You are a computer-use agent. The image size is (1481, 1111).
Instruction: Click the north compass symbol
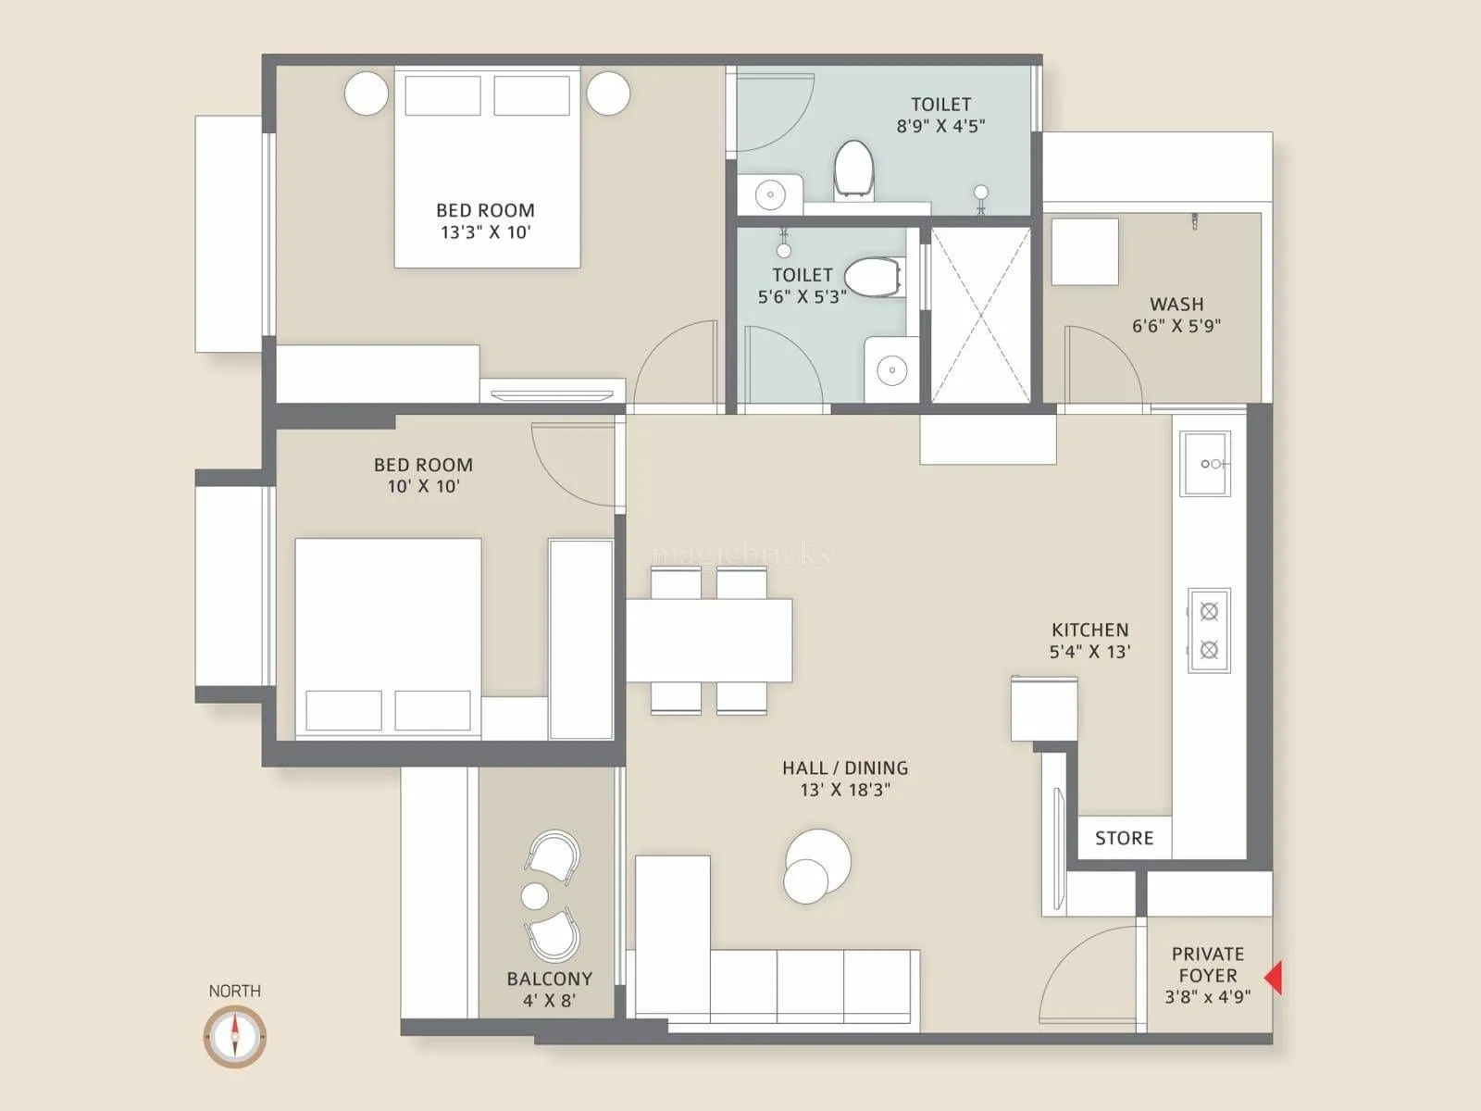tap(235, 1036)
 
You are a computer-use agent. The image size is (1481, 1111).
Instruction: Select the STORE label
tap(1124, 838)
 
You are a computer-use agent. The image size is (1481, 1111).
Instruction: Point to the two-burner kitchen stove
tap(1209, 630)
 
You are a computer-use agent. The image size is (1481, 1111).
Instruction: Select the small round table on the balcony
tap(535, 895)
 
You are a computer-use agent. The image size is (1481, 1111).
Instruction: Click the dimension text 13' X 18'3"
tap(844, 790)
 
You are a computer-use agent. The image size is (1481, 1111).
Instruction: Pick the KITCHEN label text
tap(1089, 630)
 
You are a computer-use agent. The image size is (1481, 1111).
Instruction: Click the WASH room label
tap(1176, 304)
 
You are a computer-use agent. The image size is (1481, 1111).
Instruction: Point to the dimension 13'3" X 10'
tap(485, 232)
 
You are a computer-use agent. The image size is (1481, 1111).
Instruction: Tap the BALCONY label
tap(549, 979)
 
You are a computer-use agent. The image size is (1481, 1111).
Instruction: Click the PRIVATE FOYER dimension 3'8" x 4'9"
tap(1207, 997)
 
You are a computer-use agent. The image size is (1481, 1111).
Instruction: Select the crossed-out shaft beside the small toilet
tap(980, 315)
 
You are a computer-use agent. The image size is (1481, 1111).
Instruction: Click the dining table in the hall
tap(709, 641)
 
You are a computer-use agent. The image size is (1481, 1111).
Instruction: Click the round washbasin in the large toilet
tap(769, 194)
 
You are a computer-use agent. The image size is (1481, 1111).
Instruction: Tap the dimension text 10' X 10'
tap(423, 486)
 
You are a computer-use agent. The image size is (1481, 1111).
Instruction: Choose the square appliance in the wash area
tap(1084, 251)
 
